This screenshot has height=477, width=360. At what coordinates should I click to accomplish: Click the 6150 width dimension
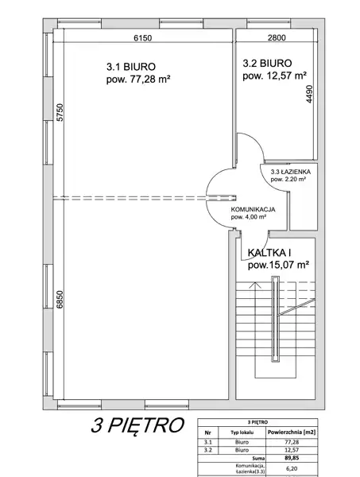click(x=142, y=37)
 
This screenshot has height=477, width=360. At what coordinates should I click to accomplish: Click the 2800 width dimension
click(x=277, y=37)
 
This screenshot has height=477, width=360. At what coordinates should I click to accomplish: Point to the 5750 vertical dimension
click(x=60, y=113)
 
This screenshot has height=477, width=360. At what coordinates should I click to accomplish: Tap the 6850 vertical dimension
click(x=60, y=300)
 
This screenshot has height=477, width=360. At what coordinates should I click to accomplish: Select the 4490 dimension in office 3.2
click(x=309, y=94)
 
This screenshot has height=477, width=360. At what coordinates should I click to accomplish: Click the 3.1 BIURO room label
click(x=131, y=67)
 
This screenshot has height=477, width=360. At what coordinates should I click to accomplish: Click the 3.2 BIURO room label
click(x=267, y=64)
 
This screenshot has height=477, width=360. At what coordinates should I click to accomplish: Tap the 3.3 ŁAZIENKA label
click(x=290, y=172)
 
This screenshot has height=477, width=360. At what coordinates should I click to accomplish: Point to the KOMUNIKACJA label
click(x=253, y=210)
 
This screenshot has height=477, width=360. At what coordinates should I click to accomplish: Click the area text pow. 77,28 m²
click(x=138, y=79)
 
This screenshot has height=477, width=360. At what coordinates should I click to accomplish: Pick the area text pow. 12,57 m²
click(x=274, y=76)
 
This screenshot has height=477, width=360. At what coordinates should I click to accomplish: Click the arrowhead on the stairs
click(x=255, y=285)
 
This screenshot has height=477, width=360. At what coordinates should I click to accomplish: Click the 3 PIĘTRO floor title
click(x=137, y=425)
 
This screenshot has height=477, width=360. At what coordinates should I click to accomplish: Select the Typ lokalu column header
click(x=242, y=432)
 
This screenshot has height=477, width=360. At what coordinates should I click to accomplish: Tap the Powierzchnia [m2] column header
click(x=292, y=432)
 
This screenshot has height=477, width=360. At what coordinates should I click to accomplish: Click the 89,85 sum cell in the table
click(x=292, y=458)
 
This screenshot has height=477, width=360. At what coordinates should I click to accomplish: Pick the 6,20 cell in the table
click(x=292, y=469)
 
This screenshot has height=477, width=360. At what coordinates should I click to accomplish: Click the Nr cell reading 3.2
click(x=208, y=450)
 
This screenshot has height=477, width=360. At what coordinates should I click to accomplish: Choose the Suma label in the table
click(x=259, y=458)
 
